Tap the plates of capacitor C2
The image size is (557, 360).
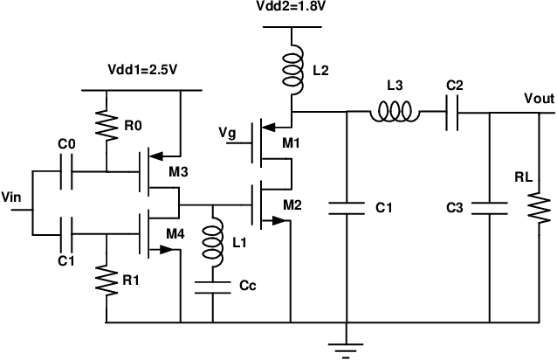pos(452,113)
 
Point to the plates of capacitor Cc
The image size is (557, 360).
pos(210,287)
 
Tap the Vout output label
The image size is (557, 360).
pos(538,100)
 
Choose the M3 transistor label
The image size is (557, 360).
pos(180,172)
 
